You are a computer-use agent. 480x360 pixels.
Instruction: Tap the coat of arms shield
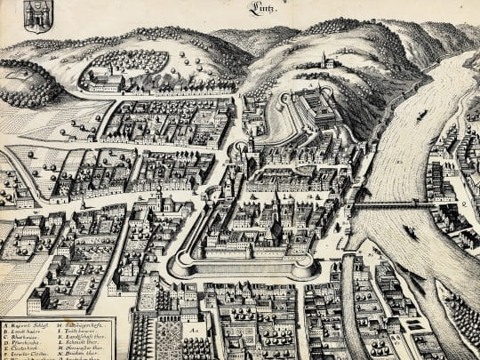tap(36, 15)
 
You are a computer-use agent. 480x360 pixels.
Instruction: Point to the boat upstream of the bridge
tap(420, 115)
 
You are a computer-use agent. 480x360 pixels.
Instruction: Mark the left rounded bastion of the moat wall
tap(181, 264)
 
